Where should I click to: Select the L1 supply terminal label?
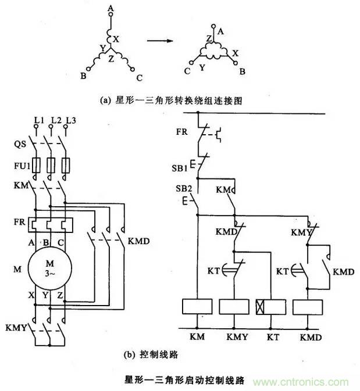click(x=39, y=120)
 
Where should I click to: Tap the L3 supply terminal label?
click(x=71, y=120)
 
